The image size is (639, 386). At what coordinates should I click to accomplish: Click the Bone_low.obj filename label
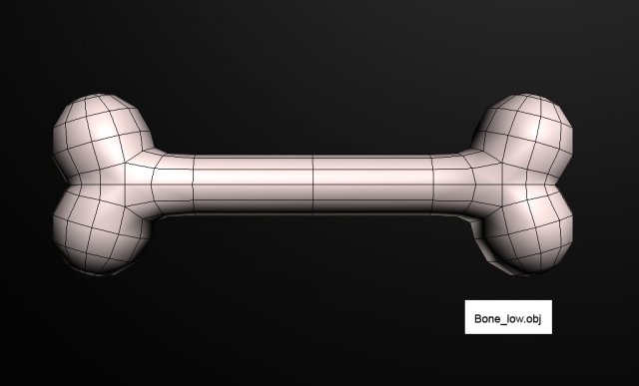coord(506,316)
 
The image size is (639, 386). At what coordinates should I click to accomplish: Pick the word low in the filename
coord(512,316)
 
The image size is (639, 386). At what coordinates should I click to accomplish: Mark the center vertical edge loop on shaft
coord(315,185)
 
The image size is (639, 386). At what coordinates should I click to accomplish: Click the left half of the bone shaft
coord(250,185)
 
